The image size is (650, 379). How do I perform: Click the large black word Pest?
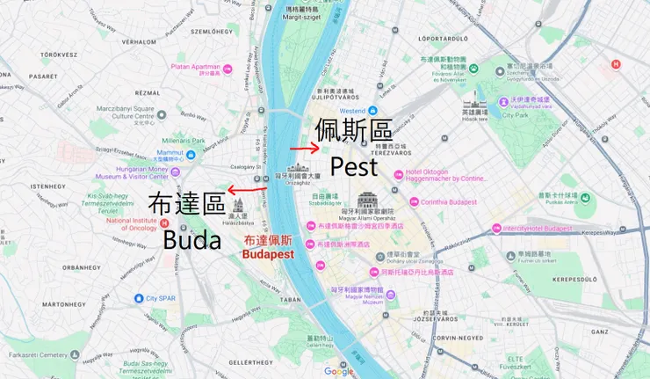(x=353, y=166)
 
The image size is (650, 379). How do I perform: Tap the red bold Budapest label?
(x=268, y=253)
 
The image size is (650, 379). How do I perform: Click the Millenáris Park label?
(x=183, y=141)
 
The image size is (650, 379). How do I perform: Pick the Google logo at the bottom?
(x=338, y=371)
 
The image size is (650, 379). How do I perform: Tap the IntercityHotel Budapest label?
(x=538, y=229)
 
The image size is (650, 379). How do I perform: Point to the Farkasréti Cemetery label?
(x=37, y=356)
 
